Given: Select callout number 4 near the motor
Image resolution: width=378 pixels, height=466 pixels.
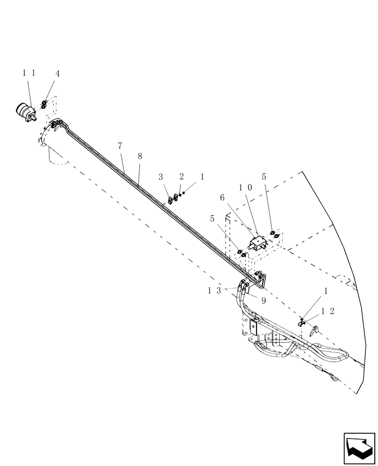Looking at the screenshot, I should [57, 74].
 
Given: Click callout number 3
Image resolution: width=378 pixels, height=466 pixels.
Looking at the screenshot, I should [160, 177].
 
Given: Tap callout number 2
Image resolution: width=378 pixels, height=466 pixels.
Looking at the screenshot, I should [182, 177].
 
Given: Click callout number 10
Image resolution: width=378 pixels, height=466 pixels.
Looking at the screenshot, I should [245, 187].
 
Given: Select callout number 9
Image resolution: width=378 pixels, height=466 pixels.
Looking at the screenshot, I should [263, 301].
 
